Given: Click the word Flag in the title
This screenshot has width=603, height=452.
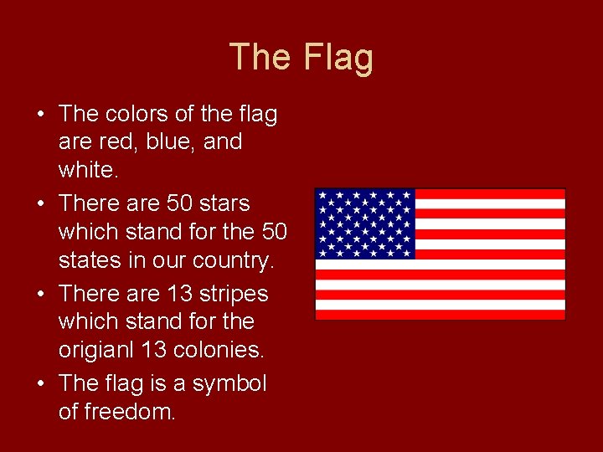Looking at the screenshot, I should tap(338, 58).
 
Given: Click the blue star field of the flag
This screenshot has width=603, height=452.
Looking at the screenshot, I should tap(365, 223).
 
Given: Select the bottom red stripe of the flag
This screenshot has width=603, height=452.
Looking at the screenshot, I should tap(440, 315).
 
